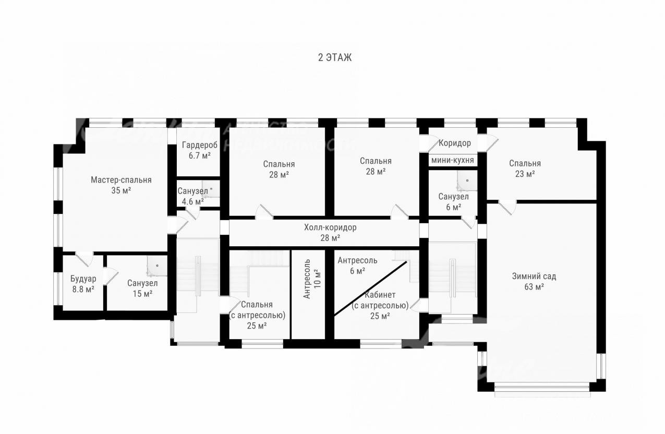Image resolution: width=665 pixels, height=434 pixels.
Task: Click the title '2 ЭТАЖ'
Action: [335, 57]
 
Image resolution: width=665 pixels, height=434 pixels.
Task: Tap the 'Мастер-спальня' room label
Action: [121, 180]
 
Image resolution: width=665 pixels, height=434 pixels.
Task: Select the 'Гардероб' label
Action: [199, 145]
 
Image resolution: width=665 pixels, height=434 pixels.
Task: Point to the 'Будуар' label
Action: [83, 279]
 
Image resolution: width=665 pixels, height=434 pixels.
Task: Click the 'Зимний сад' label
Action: [534, 276]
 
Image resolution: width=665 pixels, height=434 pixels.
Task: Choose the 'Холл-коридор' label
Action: [330, 227]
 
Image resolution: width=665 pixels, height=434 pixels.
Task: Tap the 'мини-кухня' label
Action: [452, 160]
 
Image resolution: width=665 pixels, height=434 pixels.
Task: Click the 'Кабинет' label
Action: [380, 295]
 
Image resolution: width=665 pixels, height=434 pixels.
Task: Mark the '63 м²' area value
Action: [534, 287]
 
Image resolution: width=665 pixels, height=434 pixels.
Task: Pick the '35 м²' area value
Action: [121, 190]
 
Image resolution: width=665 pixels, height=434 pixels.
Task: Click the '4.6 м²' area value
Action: [192, 202]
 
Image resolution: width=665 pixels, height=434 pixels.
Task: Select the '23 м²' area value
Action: [525, 174]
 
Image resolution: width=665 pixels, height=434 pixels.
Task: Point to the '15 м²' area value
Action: [142, 294]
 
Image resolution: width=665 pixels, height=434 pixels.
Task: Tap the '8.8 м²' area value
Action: [83, 290]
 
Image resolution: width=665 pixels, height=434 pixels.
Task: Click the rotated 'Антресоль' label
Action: [307, 279]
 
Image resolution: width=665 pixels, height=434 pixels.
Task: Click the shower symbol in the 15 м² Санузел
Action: [157, 266]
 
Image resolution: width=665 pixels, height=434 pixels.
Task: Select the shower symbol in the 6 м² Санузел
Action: [467, 180]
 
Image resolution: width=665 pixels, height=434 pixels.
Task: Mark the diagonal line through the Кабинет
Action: [370, 288]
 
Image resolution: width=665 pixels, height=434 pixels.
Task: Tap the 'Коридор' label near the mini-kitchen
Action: [455, 143]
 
